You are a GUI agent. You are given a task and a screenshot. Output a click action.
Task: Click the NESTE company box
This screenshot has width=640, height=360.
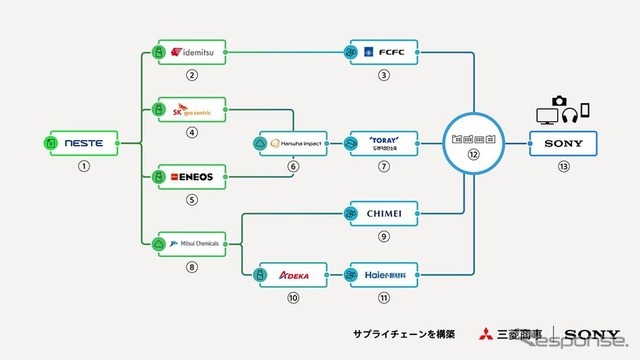point(82,143)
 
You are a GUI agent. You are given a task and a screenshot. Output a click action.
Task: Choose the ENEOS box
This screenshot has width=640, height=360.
point(191,177)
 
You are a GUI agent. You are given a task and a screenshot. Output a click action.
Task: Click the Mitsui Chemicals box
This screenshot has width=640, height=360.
point(191,242)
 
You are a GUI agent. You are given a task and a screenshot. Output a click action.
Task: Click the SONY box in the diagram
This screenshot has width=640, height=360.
point(564,143)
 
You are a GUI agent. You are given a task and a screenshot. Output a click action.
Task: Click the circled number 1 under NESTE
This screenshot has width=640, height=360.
point(83,166)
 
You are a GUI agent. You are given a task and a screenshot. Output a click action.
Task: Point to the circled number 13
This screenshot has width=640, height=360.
point(564,166)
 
